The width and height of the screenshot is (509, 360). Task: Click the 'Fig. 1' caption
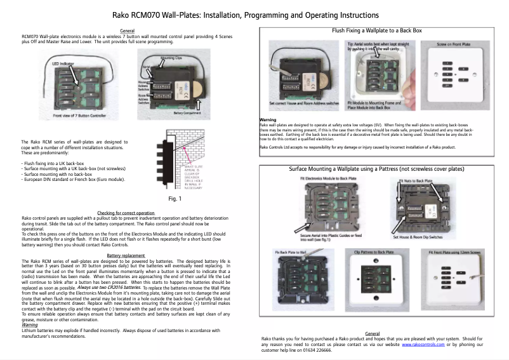click(175, 199)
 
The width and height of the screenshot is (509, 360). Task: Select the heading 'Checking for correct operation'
click(126, 213)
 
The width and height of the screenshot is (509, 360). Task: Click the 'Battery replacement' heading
click(127, 255)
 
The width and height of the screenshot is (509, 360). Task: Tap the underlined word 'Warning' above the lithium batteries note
click(30, 324)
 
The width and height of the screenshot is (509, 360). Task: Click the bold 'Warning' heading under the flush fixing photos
click(268, 119)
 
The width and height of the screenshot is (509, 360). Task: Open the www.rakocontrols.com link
click(423, 343)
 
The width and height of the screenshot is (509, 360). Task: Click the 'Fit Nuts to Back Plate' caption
click(416, 181)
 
